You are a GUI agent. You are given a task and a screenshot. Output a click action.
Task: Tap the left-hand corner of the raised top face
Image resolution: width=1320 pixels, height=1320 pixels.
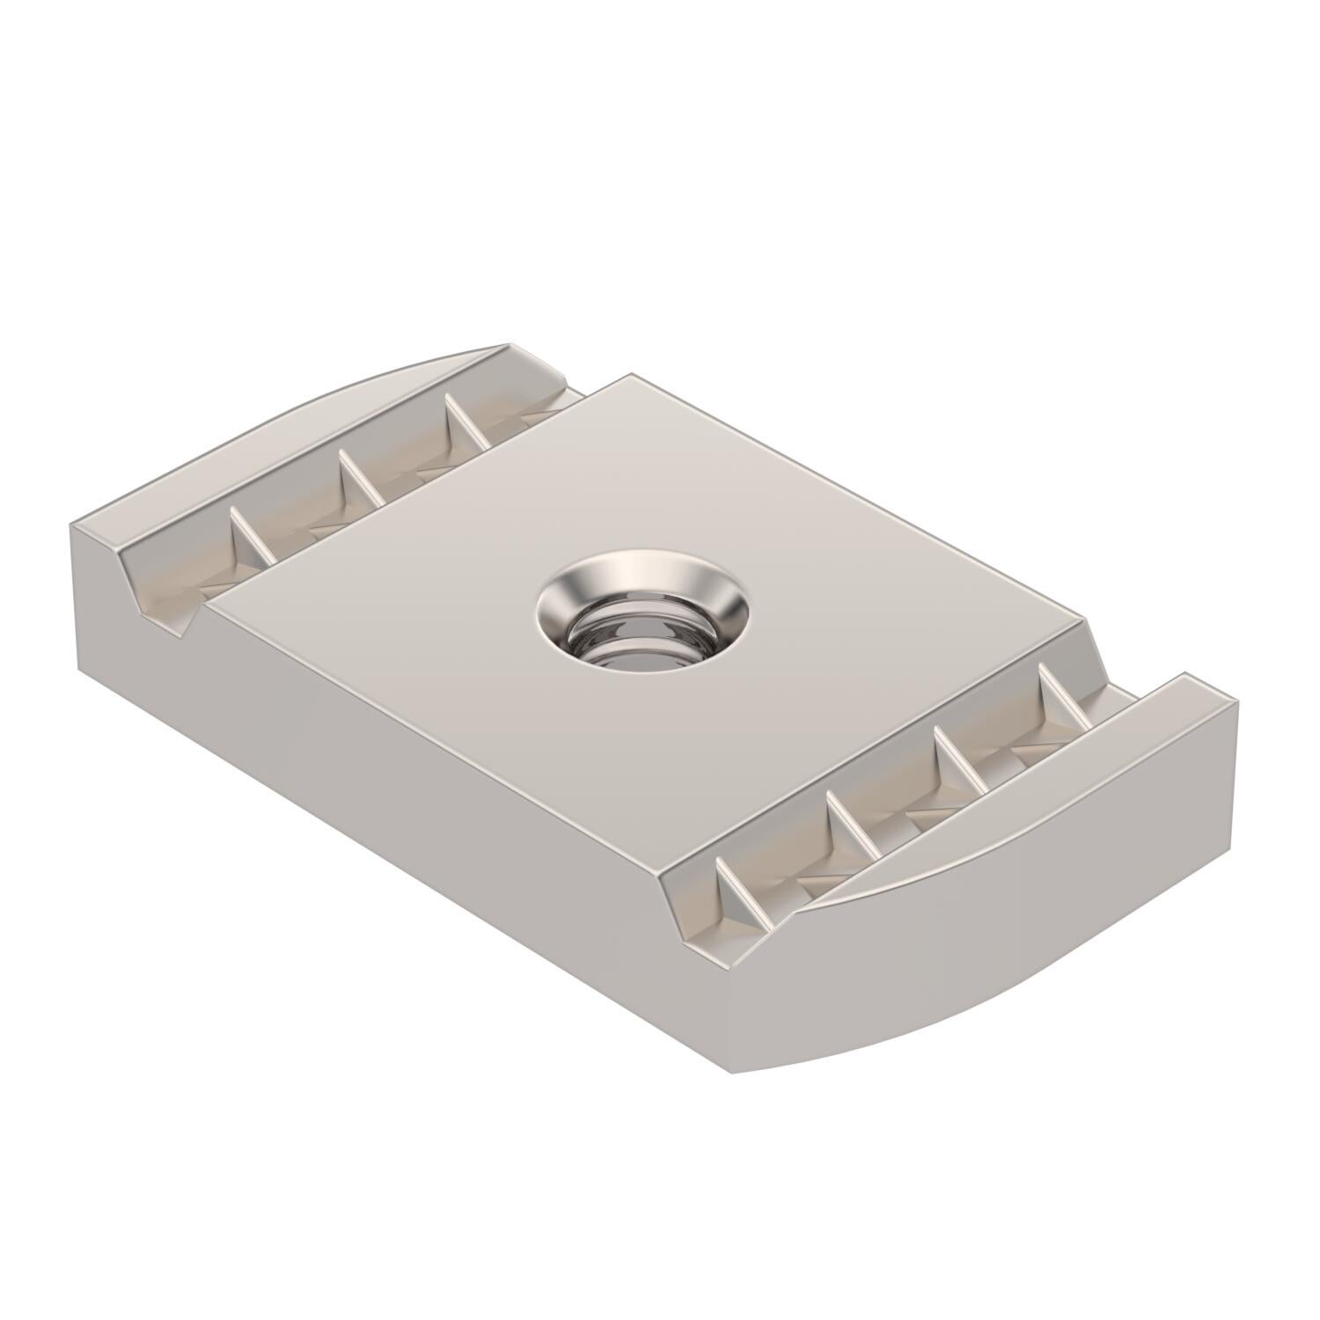[x=211, y=598]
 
